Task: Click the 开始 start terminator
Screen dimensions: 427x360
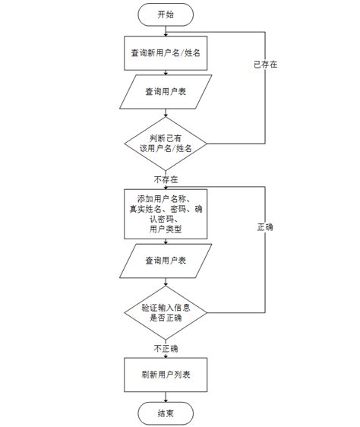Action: (x=166, y=14)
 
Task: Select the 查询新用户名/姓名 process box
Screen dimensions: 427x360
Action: (x=166, y=53)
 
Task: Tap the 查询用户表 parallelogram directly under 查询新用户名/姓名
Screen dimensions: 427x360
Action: (x=166, y=93)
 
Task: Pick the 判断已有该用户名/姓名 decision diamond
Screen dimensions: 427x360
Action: (x=166, y=143)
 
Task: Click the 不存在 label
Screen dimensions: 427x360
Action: (x=166, y=180)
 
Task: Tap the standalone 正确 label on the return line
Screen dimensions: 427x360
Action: (x=265, y=227)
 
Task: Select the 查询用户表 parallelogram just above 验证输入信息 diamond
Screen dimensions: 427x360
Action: (x=166, y=261)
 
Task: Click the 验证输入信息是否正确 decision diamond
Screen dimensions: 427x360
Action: (x=166, y=312)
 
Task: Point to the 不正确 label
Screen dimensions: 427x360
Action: (x=166, y=348)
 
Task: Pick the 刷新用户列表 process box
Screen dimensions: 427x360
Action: (x=166, y=375)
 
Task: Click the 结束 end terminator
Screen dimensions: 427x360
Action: (x=166, y=413)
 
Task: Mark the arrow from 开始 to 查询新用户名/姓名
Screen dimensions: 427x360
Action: (x=166, y=30)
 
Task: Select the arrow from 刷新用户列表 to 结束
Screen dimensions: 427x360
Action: (x=166, y=396)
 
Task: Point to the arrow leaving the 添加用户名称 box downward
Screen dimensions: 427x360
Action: (x=166, y=242)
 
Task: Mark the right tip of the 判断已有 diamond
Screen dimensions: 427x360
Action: (x=207, y=143)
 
